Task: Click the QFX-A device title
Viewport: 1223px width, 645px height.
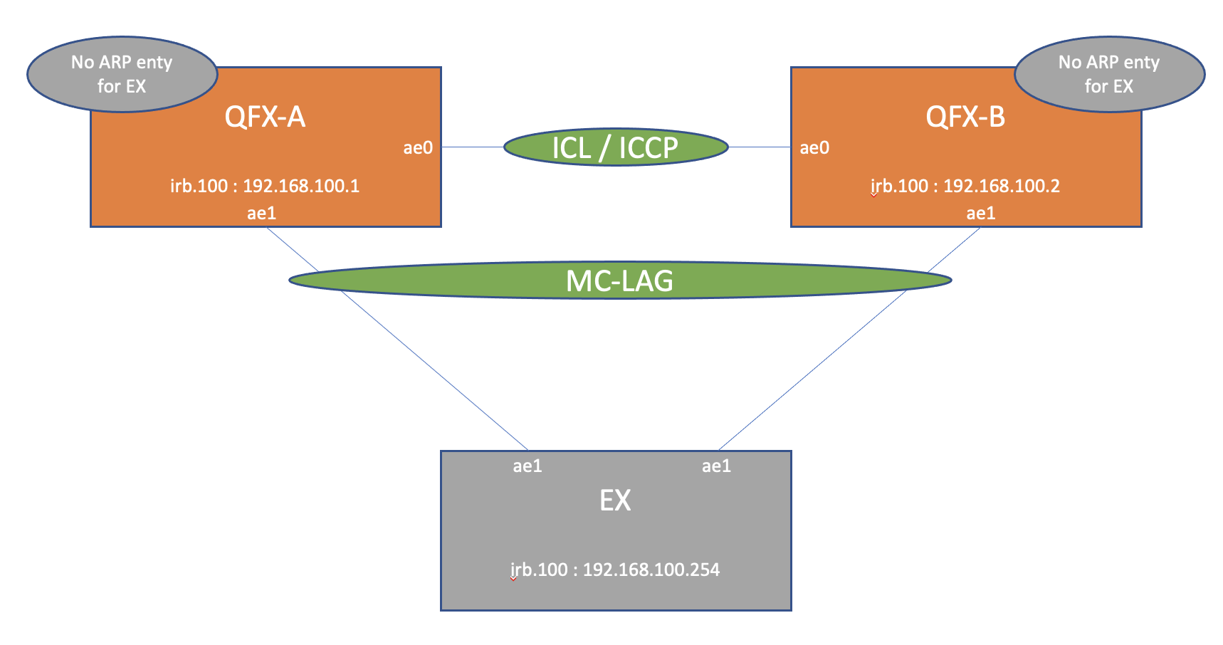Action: [265, 117]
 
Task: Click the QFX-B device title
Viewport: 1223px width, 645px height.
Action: [965, 117]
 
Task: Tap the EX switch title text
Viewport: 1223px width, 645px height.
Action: [615, 500]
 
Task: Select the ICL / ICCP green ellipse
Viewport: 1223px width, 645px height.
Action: [616, 147]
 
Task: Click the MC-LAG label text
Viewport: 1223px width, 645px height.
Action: [619, 281]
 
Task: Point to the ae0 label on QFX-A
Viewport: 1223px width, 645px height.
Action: [418, 148]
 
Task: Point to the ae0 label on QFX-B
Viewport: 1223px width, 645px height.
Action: [814, 148]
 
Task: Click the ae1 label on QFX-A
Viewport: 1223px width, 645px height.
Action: [261, 213]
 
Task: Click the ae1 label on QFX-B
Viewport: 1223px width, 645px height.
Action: [981, 213]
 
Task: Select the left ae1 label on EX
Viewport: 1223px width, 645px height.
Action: [527, 466]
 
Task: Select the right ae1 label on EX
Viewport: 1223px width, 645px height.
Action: [716, 466]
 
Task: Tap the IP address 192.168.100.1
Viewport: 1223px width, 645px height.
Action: [301, 186]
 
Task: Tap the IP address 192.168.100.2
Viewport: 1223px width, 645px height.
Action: [1002, 186]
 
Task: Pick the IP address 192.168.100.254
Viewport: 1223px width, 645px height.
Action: [651, 570]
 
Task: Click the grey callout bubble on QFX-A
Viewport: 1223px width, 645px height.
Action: [122, 74]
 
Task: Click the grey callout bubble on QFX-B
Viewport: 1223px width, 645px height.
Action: [1109, 74]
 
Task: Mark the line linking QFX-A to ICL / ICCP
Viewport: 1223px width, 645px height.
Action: [473, 147]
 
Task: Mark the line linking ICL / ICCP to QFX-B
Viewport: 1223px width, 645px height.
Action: [760, 147]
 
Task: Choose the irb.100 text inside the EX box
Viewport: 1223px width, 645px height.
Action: [539, 570]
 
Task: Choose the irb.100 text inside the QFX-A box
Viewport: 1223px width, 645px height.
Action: [199, 186]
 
